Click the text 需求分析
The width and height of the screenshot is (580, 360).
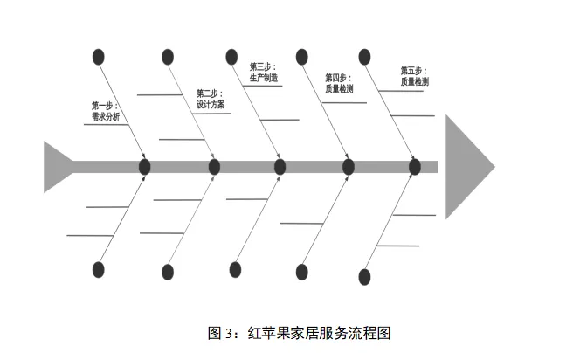(x=106, y=116)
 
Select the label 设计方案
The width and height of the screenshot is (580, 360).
(x=210, y=104)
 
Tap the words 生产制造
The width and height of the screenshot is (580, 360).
(x=264, y=78)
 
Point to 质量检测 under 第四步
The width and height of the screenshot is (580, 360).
(x=340, y=88)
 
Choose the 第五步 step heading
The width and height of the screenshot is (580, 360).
(x=413, y=70)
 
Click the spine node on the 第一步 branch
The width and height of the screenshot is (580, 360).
(x=145, y=166)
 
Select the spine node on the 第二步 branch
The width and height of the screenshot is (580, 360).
(x=214, y=166)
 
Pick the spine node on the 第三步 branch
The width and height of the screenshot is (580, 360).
(x=280, y=166)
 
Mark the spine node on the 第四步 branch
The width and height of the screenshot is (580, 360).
(x=349, y=166)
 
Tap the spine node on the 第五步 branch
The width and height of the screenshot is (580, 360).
(x=415, y=166)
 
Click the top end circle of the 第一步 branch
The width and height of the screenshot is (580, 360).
(x=99, y=58)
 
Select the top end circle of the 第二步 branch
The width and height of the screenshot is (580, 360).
(x=168, y=57)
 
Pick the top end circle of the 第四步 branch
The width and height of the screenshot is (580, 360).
(x=302, y=57)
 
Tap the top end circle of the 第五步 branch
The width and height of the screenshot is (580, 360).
(x=363, y=57)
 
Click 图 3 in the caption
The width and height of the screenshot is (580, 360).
(x=220, y=333)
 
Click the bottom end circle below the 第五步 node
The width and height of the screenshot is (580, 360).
(x=364, y=277)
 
